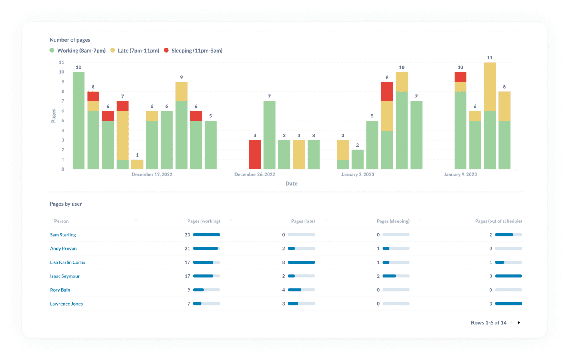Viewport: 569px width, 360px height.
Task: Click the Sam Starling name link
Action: pyautogui.click(x=63, y=235)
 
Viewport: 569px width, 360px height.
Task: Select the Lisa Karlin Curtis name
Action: pyautogui.click(x=68, y=262)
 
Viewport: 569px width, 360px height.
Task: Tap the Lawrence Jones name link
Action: pyautogui.click(x=66, y=304)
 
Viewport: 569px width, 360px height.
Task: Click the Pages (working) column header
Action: pyautogui.click(x=203, y=221)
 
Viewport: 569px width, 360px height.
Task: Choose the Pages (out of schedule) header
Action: pyautogui.click(x=498, y=221)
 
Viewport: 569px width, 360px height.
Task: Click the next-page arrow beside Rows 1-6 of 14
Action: pyautogui.click(x=518, y=322)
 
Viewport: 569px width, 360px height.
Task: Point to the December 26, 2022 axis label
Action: pyautogui.click(x=254, y=174)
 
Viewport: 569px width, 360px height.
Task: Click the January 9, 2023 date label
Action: pyautogui.click(x=460, y=174)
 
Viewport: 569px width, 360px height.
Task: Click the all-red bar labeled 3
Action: pyautogui.click(x=254, y=155)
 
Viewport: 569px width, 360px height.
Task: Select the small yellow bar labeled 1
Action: pyautogui.click(x=137, y=164)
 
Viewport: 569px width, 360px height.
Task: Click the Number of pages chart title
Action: pyautogui.click(x=70, y=40)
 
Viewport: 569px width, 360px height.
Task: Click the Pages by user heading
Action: pyautogui.click(x=66, y=204)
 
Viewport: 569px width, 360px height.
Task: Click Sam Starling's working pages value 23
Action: pyautogui.click(x=187, y=235)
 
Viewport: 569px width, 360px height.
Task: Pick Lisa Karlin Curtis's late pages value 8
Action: pyautogui.click(x=283, y=262)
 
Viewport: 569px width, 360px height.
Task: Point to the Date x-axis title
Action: pyautogui.click(x=291, y=184)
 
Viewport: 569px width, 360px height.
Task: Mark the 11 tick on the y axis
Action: pyautogui.click(x=61, y=62)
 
